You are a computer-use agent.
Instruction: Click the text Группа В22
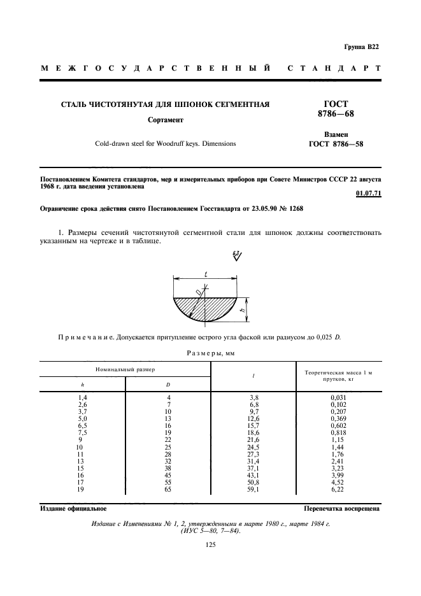(360, 47)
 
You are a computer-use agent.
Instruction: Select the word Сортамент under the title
(166, 120)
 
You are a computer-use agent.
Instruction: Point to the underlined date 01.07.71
(368, 194)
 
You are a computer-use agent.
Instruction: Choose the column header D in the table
(168, 385)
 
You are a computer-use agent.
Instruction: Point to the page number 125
(211, 544)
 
